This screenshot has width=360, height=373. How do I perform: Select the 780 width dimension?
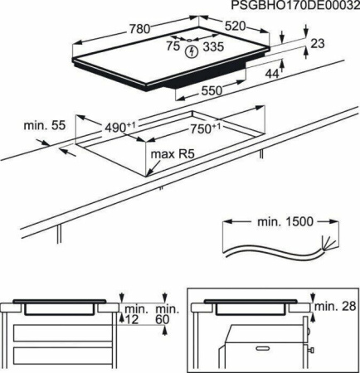point(139,29)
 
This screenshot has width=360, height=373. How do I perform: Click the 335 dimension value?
point(215,48)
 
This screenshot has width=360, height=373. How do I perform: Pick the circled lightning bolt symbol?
point(193,51)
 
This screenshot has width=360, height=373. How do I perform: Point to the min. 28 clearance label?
point(337,307)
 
